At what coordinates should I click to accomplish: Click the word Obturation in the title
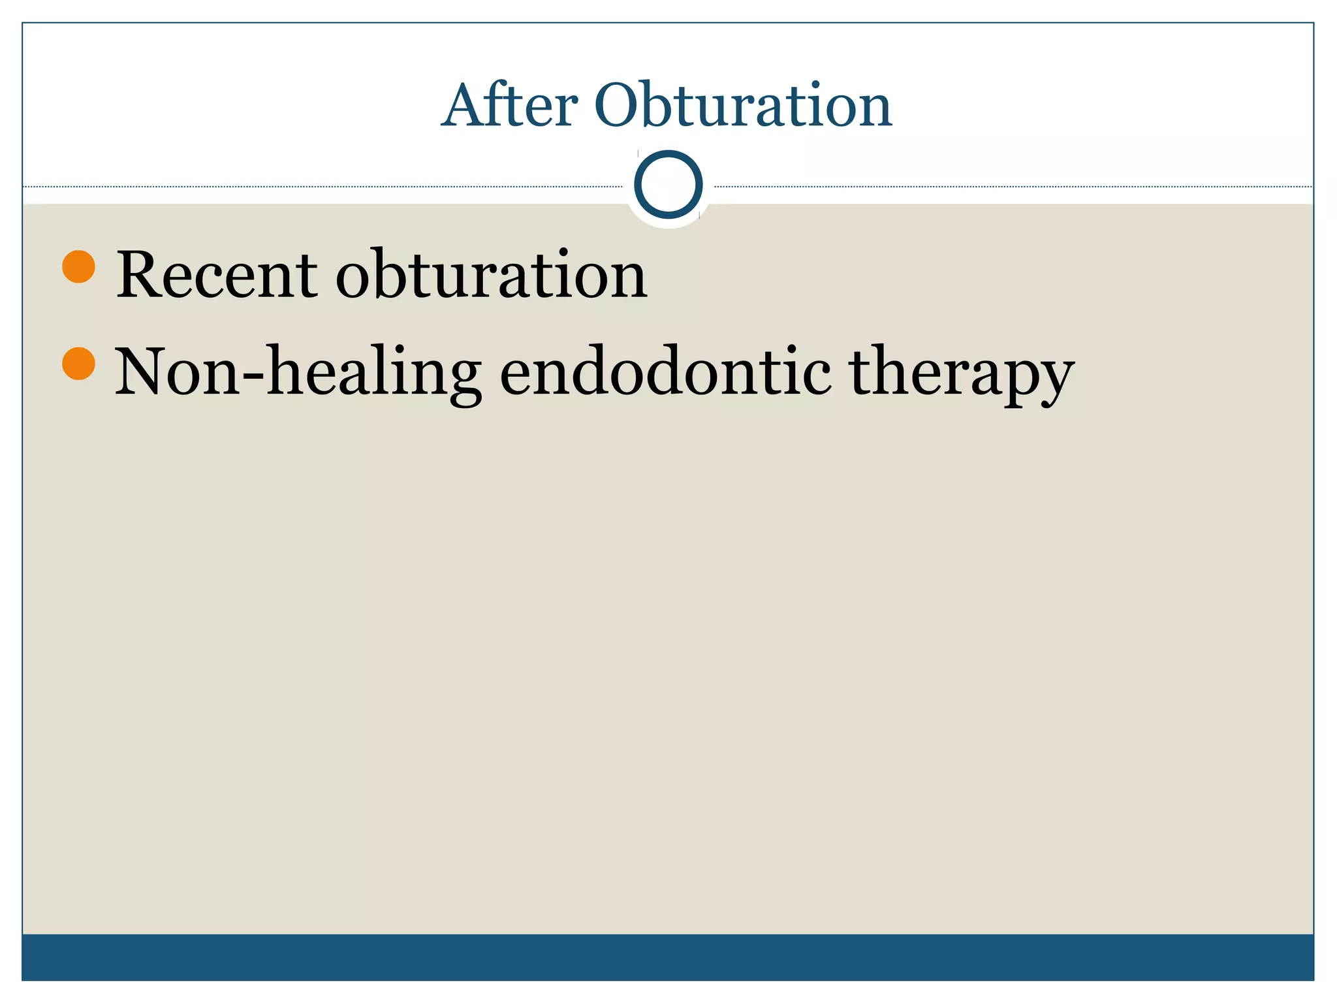click(x=742, y=105)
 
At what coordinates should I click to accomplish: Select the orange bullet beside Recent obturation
click(x=79, y=266)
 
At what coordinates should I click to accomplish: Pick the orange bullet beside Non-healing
click(x=79, y=363)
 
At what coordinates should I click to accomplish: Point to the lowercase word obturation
click(x=491, y=275)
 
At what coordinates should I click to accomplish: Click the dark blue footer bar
click(x=668, y=957)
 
